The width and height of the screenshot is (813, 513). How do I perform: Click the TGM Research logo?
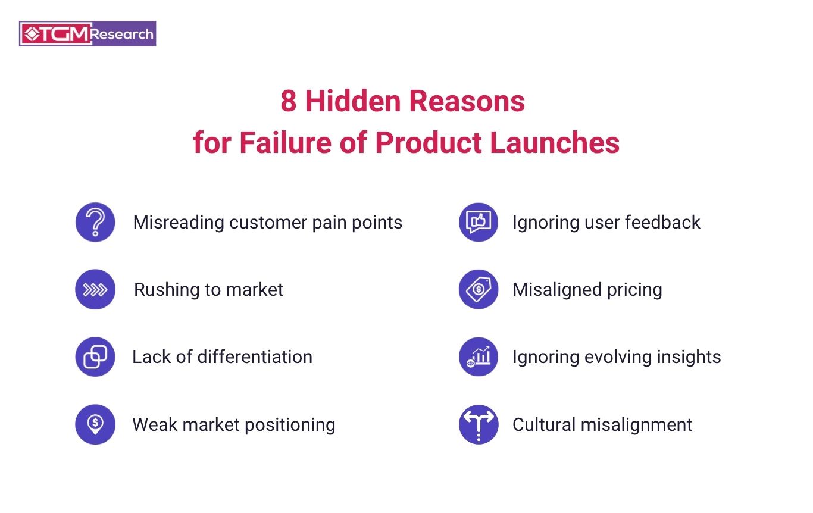tap(87, 34)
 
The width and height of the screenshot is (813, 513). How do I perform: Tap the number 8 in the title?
tap(289, 101)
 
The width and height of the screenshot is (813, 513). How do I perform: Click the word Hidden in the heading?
tap(353, 101)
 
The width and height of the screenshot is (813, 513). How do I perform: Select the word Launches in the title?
tap(555, 142)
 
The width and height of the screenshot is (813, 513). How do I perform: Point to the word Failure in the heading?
tap(285, 142)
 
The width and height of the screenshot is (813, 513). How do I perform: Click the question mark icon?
tap(95, 222)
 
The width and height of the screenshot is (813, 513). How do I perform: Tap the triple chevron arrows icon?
tap(95, 289)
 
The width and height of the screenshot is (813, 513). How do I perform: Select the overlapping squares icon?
tap(95, 356)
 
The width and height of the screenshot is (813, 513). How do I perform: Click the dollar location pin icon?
tap(95, 424)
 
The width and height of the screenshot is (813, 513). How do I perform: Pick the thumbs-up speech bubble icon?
tap(479, 222)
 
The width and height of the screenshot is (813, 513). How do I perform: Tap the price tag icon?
tap(479, 289)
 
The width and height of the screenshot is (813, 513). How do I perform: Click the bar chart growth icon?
tap(479, 356)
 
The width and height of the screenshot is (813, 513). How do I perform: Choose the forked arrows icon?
tap(479, 424)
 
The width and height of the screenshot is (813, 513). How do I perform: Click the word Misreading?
tap(179, 223)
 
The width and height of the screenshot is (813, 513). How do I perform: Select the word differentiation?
tap(255, 356)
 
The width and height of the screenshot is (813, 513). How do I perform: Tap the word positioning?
tap(290, 425)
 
